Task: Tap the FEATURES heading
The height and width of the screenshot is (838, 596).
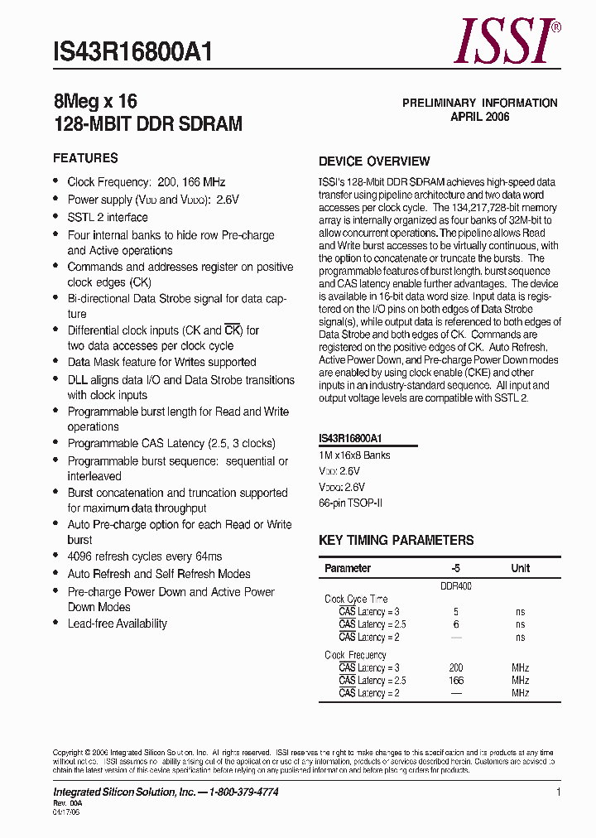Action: pos(85,158)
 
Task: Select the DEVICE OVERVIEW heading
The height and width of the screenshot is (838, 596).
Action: pos(374,161)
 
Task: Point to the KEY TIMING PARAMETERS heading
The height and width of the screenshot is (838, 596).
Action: pos(397,541)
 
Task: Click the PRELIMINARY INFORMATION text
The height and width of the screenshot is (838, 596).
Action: pos(479,103)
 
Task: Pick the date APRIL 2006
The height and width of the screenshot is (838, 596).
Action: pos(479,117)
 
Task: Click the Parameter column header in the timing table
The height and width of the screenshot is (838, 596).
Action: pos(348,569)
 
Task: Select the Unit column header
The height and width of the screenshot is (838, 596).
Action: pos(520,569)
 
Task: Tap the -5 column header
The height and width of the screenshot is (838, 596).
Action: pos(455,569)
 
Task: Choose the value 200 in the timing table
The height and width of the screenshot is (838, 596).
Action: pos(455,667)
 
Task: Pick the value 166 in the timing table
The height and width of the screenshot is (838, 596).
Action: pos(455,681)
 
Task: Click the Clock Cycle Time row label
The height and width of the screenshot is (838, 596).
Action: pos(356,599)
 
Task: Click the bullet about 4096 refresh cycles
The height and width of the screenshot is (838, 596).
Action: pos(145,556)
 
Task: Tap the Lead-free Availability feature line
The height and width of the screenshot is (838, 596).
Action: pos(118,624)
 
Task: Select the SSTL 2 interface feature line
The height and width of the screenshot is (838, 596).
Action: pos(108,217)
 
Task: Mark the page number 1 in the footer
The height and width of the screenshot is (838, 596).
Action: pos(559,792)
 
